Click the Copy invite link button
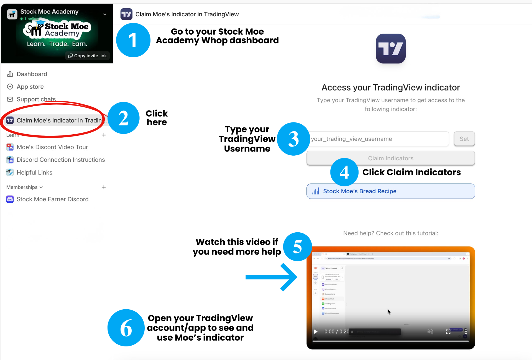(88, 56)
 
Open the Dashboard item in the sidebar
(32, 74)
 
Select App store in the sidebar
(30, 87)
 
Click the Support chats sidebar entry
(36, 99)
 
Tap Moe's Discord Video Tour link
(52, 147)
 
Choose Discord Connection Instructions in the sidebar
(60, 160)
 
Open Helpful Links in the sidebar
(34, 173)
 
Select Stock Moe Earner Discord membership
(52, 199)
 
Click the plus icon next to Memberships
(104, 187)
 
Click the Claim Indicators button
(390, 158)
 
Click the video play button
(316, 331)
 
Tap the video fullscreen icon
(448, 331)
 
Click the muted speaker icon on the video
(430, 331)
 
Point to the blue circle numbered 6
(126, 328)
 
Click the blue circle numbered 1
(133, 40)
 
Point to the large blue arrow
(272, 277)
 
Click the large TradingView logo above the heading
(390, 49)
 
